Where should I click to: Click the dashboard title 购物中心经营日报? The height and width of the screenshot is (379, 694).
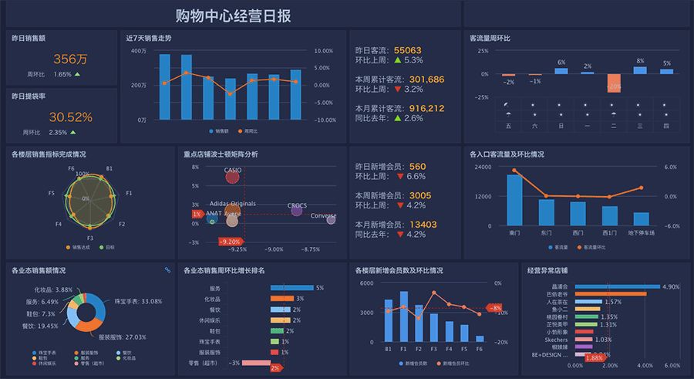(232, 15)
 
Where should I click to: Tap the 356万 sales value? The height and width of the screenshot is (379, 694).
(70, 59)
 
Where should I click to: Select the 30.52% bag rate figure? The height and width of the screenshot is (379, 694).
(70, 117)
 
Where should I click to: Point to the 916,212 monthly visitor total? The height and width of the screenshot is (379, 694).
(426, 108)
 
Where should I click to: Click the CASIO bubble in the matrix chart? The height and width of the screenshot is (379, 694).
(233, 177)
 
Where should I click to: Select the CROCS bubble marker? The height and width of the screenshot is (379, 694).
(297, 209)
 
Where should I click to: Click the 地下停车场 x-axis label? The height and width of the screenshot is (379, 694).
(641, 232)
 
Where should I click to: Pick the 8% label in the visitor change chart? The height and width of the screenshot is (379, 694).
(640, 60)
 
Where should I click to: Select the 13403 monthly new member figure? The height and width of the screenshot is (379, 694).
(423, 225)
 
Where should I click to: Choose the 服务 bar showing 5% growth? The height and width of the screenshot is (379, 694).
(291, 288)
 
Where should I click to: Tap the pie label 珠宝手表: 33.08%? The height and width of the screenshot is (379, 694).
(138, 301)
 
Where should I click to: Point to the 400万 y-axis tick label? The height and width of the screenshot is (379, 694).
(139, 51)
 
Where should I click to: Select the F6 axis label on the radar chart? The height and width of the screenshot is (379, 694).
(71, 168)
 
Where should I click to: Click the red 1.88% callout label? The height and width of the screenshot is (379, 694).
(594, 358)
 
